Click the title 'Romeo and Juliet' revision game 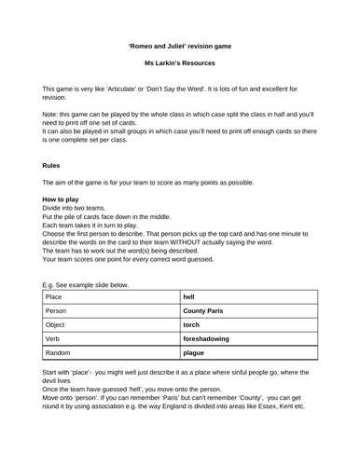[180, 44]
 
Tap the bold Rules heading [51, 165]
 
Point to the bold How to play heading [62, 200]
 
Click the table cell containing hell [189, 297]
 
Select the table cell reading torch [191, 327]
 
